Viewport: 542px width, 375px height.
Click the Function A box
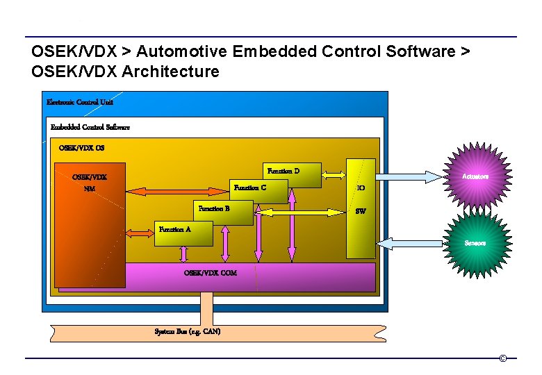point(183,233)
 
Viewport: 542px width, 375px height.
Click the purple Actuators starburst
point(476,176)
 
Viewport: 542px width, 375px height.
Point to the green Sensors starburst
point(476,243)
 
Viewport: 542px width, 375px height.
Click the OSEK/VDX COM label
point(210,273)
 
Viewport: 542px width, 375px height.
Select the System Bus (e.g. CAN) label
point(188,331)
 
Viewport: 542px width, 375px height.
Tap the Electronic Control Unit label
point(80,102)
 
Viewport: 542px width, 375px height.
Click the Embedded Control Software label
point(90,127)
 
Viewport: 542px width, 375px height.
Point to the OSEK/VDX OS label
point(82,148)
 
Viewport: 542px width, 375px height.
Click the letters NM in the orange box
point(90,188)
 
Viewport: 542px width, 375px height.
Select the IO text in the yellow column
point(361,187)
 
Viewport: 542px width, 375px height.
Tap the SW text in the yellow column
point(361,211)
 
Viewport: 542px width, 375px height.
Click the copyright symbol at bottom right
point(502,358)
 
